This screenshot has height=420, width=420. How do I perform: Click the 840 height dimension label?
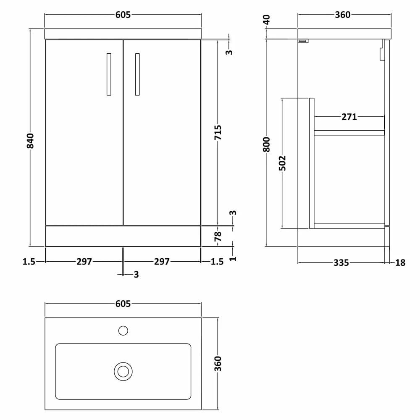(x=30, y=141)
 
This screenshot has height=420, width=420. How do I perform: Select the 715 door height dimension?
(x=218, y=133)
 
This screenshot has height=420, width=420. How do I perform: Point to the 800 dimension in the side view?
(x=268, y=144)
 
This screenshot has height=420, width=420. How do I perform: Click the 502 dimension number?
(x=282, y=163)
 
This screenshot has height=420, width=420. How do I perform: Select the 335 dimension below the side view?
(x=341, y=263)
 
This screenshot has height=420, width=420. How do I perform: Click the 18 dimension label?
(x=400, y=263)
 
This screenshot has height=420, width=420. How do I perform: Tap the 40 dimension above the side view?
(x=268, y=20)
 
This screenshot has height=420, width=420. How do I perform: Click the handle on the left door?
(x=109, y=74)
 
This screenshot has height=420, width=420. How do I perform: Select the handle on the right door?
(x=137, y=74)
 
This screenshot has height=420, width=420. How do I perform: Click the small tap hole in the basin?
(x=123, y=331)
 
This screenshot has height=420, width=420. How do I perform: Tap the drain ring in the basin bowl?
(x=123, y=371)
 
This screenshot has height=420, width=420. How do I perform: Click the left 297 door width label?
(x=84, y=262)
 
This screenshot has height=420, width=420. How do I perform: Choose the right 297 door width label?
(x=162, y=262)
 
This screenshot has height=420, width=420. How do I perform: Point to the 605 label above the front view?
(x=123, y=15)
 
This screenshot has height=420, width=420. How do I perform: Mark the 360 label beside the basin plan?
(x=218, y=364)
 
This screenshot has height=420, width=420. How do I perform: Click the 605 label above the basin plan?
(x=123, y=304)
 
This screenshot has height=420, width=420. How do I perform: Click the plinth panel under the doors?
(x=123, y=236)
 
